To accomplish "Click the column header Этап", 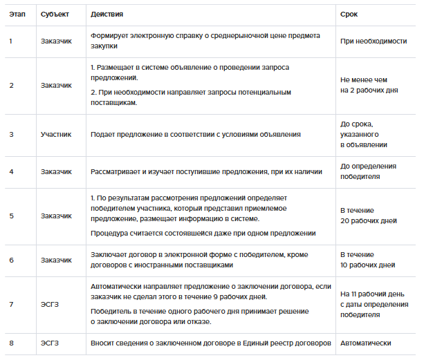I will coord(17,14).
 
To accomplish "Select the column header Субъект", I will coord(55,14).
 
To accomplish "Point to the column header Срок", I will coord(349,14).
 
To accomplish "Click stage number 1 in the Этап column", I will coord(10,41).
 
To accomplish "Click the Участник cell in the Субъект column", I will coord(56,134).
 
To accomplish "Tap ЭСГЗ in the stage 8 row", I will coord(50,343).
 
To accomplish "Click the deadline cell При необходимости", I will coord(373,41).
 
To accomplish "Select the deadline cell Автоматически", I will coord(366,343).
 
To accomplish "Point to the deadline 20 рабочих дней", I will coord(368,221).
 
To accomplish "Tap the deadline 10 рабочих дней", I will coord(368,265).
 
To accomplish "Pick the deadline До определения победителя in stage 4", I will coord(368,171).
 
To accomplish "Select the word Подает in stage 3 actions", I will coord(102,134).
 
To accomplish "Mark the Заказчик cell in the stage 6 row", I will coord(56,260).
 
